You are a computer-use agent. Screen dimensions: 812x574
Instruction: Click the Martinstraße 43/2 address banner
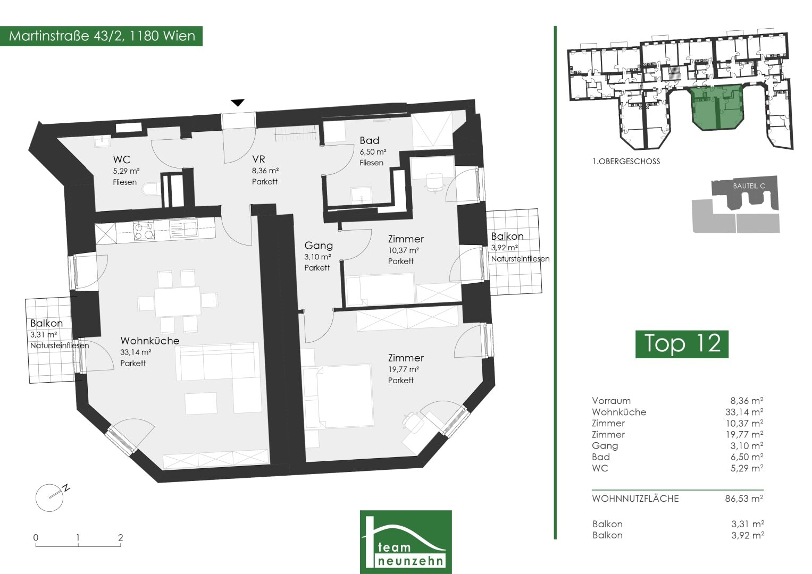point(101,36)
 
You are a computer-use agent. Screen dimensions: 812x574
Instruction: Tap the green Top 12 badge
point(682,344)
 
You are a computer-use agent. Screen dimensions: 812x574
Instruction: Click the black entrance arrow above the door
point(238,103)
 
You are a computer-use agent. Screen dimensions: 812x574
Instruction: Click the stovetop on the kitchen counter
point(144,231)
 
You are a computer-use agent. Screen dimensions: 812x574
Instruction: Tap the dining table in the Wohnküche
point(178,301)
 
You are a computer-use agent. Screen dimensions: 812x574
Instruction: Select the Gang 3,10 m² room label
point(319,257)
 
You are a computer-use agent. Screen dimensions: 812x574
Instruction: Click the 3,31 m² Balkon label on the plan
point(59,334)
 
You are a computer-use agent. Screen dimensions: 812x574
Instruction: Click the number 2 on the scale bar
point(120,537)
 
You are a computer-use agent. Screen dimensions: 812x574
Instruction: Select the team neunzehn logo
point(406,542)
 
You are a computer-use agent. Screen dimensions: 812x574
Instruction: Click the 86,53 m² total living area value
point(744,499)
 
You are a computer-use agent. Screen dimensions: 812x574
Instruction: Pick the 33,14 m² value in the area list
point(744,412)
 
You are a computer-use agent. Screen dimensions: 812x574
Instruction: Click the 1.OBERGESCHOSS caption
point(626,162)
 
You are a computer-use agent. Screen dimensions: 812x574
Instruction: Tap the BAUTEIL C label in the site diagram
point(749,186)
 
